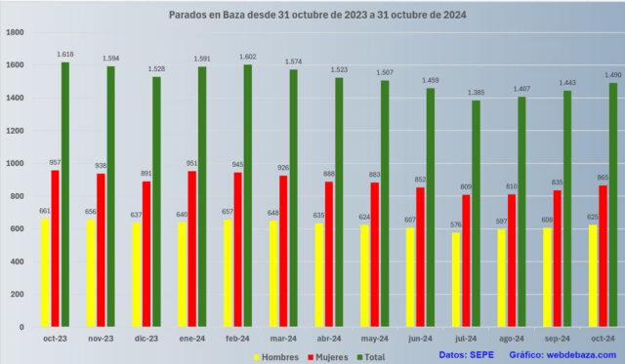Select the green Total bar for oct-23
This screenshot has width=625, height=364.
[x=65, y=194]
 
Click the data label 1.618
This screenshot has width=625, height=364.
[x=65, y=55]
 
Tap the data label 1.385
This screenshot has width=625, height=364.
[x=477, y=93]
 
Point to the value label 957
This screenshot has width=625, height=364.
[x=55, y=162]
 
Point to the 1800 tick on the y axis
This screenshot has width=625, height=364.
[x=15, y=32]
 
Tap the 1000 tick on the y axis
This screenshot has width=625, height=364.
[x=15, y=163]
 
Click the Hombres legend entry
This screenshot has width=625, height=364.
[x=277, y=357]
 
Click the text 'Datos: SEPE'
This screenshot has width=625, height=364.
[x=467, y=354]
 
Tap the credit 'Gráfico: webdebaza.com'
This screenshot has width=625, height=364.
[x=562, y=354]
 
